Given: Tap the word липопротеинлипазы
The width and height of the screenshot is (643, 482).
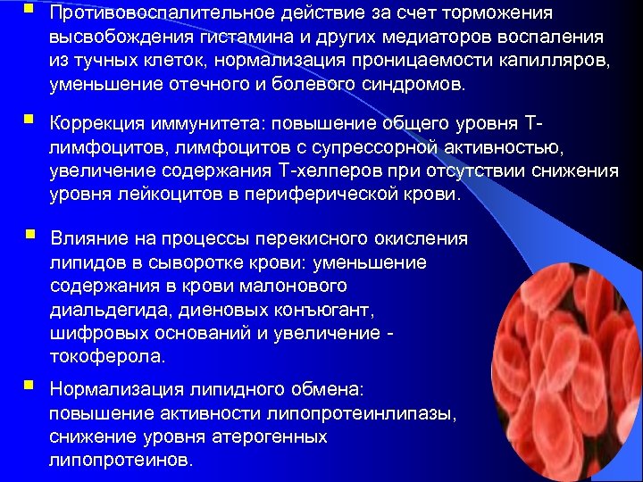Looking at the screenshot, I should pos(373,414).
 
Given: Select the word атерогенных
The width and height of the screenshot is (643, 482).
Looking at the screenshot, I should pos(275,437).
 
